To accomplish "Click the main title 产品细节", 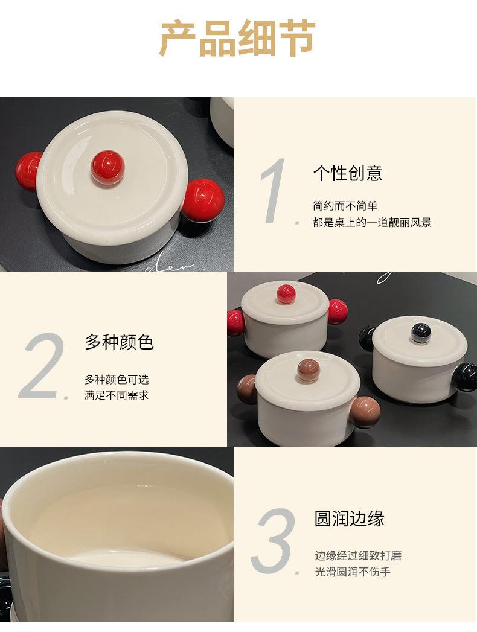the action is click(238, 38).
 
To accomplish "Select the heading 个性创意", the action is click(348, 173).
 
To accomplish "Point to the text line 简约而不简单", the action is click(345, 206).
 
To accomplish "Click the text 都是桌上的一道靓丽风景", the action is click(372, 223).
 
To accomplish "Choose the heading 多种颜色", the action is click(120, 342).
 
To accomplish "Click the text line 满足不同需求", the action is click(117, 395).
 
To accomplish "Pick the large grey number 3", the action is click(274, 540).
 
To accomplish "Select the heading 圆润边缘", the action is click(349, 519).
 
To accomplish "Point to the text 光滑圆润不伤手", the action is click(353, 572).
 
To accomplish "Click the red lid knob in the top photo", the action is click(107, 167).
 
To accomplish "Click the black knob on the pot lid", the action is click(421, 333).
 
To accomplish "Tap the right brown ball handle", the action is click(365, 412).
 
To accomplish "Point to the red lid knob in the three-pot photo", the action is click(286, 294).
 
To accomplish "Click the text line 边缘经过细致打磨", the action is click(358, 556).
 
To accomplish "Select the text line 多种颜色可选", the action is click(117, 380).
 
